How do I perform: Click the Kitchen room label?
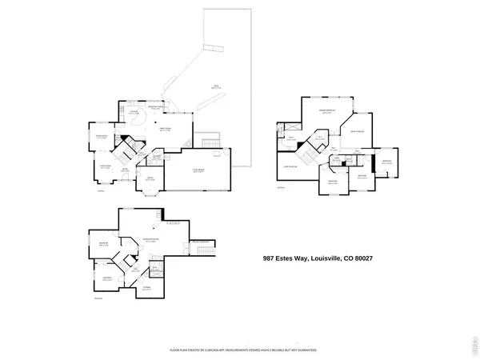tap(134, 112)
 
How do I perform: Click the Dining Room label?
tap(102, 137)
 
